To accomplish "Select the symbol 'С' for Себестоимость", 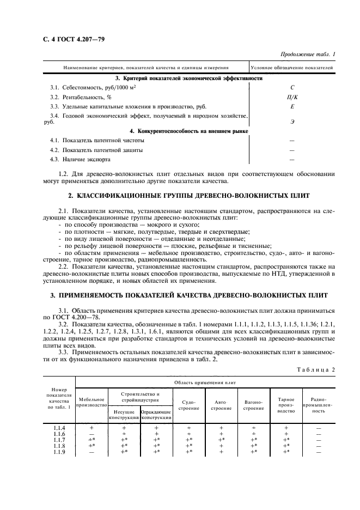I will coord(292,87).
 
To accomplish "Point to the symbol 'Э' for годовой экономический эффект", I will coord(292,120).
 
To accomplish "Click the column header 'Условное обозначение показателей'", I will coord(292,68).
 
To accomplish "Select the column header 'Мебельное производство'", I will coord(91,402).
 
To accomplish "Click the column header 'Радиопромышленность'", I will coord(318,405).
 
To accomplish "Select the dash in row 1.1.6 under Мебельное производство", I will coord(91,434).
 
